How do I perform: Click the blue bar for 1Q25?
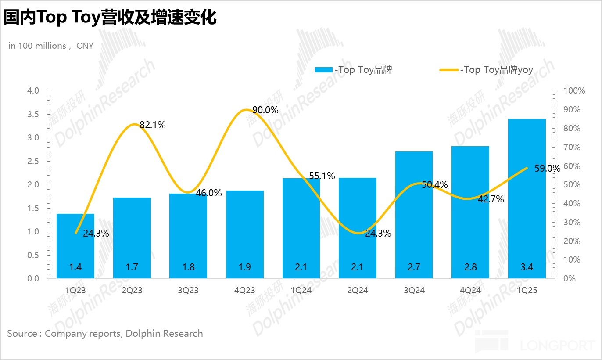[x=527, y=198]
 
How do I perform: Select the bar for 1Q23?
[x=75, y=246]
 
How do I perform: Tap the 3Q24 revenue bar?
[x=414, y=215]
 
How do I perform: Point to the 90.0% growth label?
[x=265, y=110]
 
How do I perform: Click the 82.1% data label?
[x=153, y=125]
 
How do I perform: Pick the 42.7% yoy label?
[x=491, y=199]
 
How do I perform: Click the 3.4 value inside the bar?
[x=527, y=266]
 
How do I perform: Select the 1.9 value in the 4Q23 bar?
[x=245, y=266]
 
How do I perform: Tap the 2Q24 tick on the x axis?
[x=358, y=290]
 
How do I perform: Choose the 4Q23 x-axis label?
[x=245, y=290]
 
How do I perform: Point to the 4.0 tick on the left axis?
[x=34, y=91]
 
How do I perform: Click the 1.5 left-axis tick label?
[x=34, y=208]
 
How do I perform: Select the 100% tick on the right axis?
[x=574, y=91]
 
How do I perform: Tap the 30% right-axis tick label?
[x=572, y=223]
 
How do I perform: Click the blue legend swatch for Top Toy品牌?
[x=324, y=70]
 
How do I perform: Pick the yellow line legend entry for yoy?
[x=449, y=70]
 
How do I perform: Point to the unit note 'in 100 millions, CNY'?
[x=51, y=46]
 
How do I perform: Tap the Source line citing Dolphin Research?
[x=105, y=333]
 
